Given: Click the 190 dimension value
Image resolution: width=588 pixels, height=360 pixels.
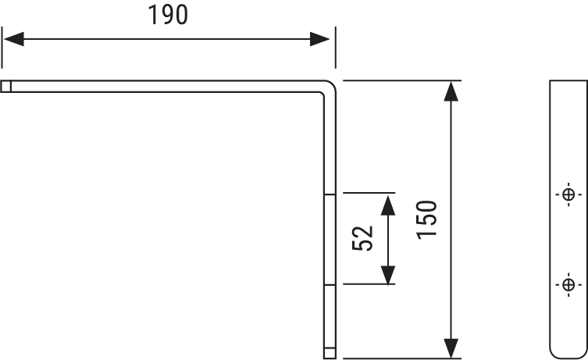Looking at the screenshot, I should [168, 16].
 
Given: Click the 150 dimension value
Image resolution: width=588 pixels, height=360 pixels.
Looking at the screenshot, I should [432, 220].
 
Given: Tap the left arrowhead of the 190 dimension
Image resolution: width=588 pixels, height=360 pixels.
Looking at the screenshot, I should [14, 39].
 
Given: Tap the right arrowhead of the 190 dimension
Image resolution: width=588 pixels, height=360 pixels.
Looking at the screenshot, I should [323, 39].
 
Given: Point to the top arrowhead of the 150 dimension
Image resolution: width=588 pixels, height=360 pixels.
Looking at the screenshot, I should [451, 91].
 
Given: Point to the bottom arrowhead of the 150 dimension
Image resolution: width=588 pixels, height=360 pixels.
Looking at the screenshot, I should [451, 348].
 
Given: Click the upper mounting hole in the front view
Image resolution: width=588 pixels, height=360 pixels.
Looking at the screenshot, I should [568, 194].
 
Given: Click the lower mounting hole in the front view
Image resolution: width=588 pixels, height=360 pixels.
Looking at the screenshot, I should [568, 284].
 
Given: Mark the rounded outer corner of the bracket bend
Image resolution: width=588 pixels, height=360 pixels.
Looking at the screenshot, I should [332, 85].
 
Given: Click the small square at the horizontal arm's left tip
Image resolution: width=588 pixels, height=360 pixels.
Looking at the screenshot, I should [6, 87].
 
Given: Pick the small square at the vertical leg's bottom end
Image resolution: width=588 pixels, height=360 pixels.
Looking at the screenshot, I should [330, 353].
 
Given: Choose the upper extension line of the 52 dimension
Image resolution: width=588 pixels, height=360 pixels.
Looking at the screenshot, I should [367, 193].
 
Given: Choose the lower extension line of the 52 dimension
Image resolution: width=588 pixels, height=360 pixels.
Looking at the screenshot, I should [367, 285].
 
